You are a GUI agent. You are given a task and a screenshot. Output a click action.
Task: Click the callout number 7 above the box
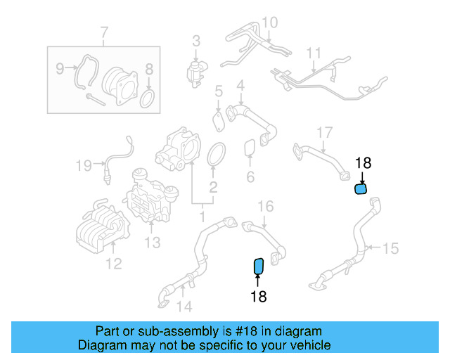click(104, 32)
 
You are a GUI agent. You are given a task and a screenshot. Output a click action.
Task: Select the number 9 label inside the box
click(60, 68)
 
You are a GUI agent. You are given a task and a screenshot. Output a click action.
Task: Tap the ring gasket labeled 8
click(148, 98)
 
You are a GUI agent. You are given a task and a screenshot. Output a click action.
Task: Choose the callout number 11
click(314, 53)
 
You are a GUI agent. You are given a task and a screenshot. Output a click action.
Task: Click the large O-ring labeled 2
click(217, 155)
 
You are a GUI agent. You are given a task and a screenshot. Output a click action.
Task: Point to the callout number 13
click(153, 243)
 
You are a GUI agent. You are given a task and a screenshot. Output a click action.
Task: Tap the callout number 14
click(184, 306)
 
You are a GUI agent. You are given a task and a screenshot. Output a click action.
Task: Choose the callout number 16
click(265, 206)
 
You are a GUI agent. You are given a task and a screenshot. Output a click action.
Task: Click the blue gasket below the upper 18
click(361, 188)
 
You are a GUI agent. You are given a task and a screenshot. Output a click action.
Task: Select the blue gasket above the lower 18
click(258, 266)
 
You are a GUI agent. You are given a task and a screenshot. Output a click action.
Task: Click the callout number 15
click(390, 247)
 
